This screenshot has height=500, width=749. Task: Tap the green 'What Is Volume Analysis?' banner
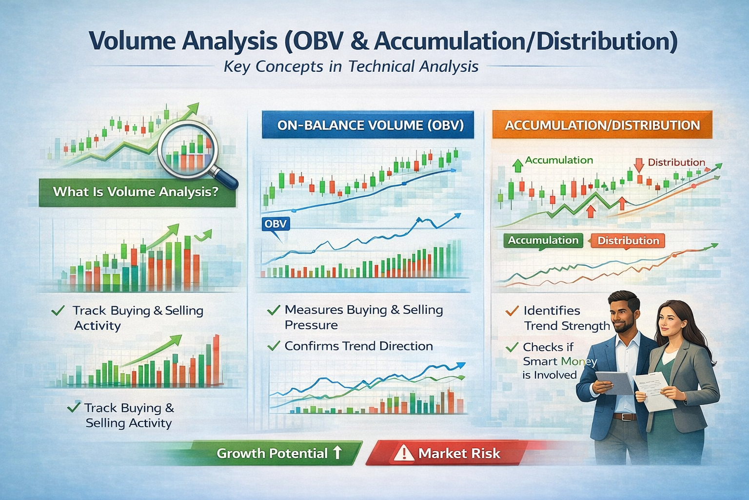point(136,192)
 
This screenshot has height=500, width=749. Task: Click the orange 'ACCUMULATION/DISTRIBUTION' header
point(602,125)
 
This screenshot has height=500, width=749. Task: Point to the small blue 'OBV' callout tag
point(275,224)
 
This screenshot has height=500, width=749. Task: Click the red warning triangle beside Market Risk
point(403,453)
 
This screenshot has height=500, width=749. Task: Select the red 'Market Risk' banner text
point(459,454)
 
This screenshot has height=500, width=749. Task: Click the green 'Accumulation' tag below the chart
point(543,240)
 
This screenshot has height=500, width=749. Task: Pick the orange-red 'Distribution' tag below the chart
point(628,241)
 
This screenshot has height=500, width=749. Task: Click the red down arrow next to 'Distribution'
point(638,164)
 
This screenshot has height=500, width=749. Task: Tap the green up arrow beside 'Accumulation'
point(517,165)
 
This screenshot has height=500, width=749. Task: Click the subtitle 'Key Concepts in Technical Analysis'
point(351,66)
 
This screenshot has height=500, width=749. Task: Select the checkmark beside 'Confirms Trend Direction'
point(274,346)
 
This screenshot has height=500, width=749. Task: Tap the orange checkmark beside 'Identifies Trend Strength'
point(512,311)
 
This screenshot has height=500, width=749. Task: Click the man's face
point(625,315)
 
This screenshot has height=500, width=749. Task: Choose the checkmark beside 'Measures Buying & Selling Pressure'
point(274,310)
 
